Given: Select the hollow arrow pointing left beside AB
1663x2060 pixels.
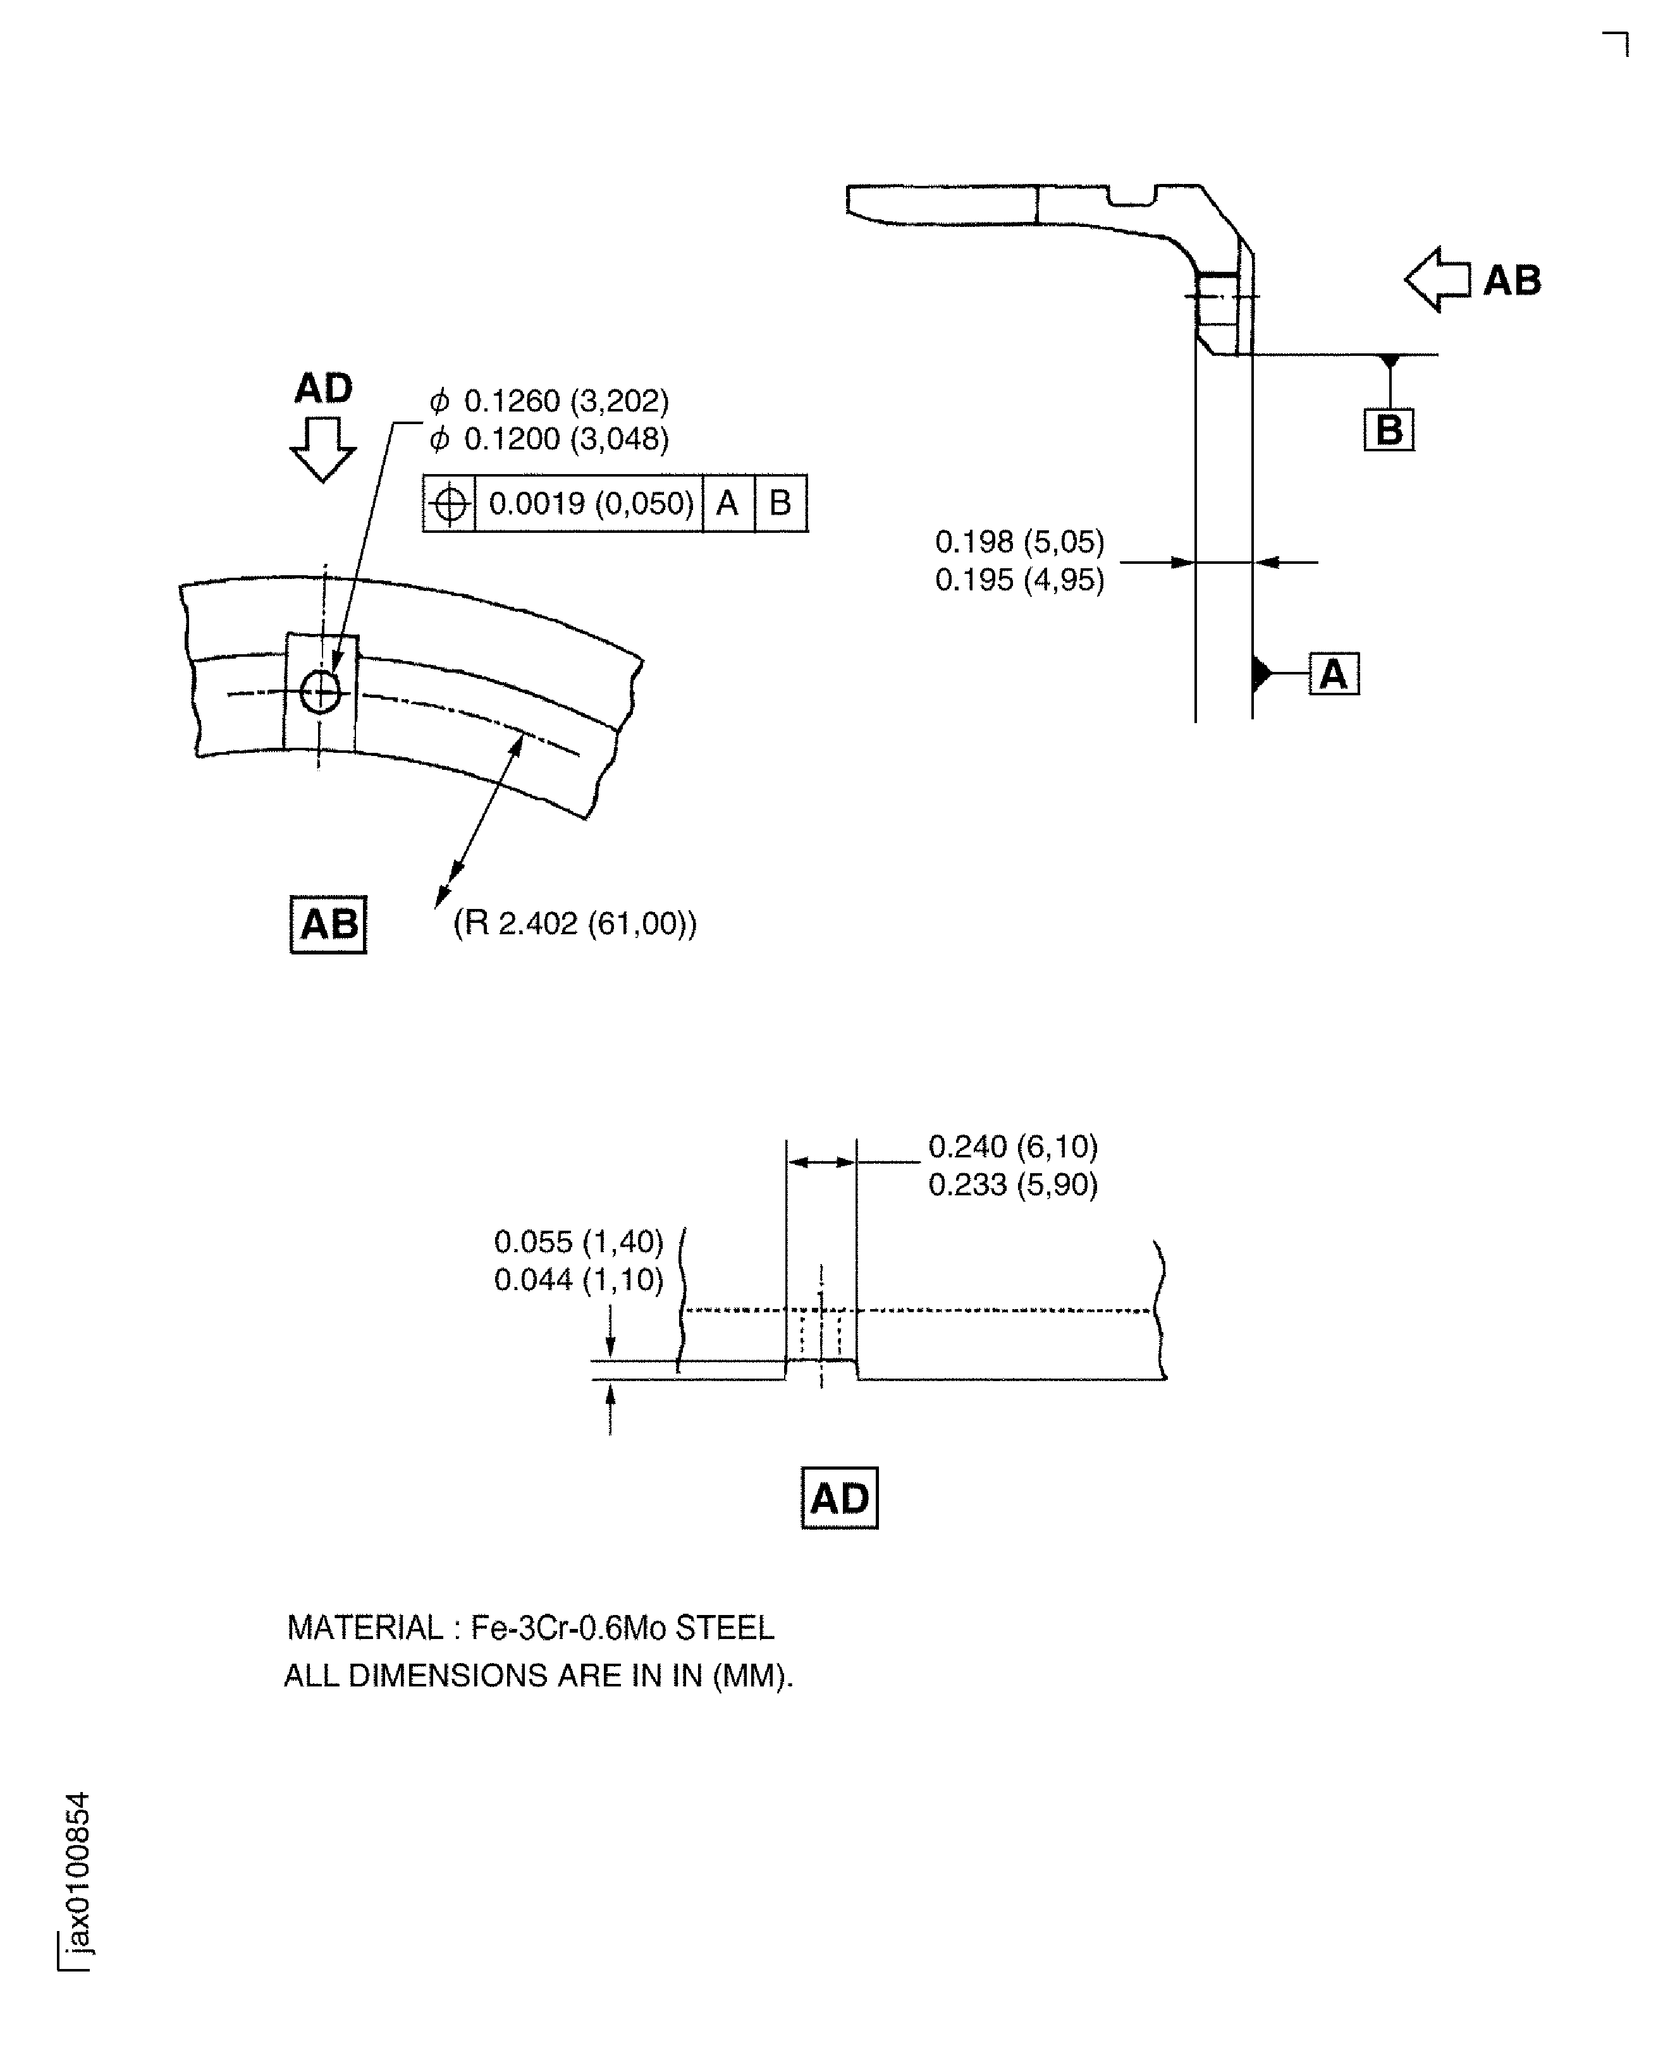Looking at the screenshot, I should pos(1437,279).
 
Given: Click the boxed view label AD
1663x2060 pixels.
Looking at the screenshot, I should pos(839,1499).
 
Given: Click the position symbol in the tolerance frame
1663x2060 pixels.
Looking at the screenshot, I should pos(450,504).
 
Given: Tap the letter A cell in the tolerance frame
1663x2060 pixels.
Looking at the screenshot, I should pos(727,504).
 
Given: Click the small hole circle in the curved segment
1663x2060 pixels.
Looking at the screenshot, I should pos(320,690).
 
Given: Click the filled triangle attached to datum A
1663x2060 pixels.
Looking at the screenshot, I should pos(1261,674).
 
